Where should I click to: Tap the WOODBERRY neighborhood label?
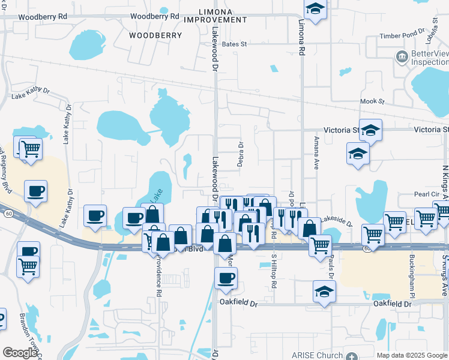tap(155, 35)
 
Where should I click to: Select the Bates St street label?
tap(235, 44)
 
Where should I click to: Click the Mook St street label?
tap(372, 101)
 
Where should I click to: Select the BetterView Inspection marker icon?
tap(401, 57)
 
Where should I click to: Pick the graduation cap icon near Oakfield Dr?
tap(324, 292)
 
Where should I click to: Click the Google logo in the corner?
tap(20, 353)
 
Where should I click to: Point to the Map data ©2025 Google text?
tap(411, 355)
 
